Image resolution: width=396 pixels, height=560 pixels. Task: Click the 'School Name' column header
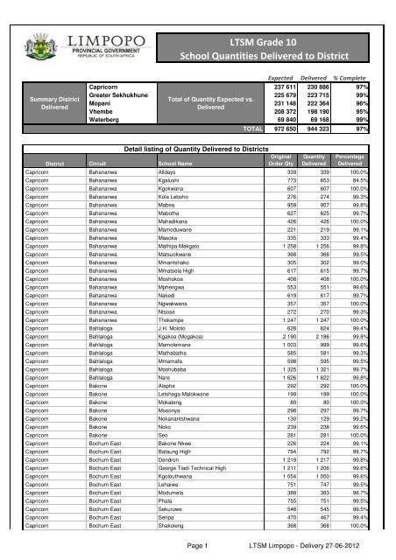(x=152, y=163)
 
